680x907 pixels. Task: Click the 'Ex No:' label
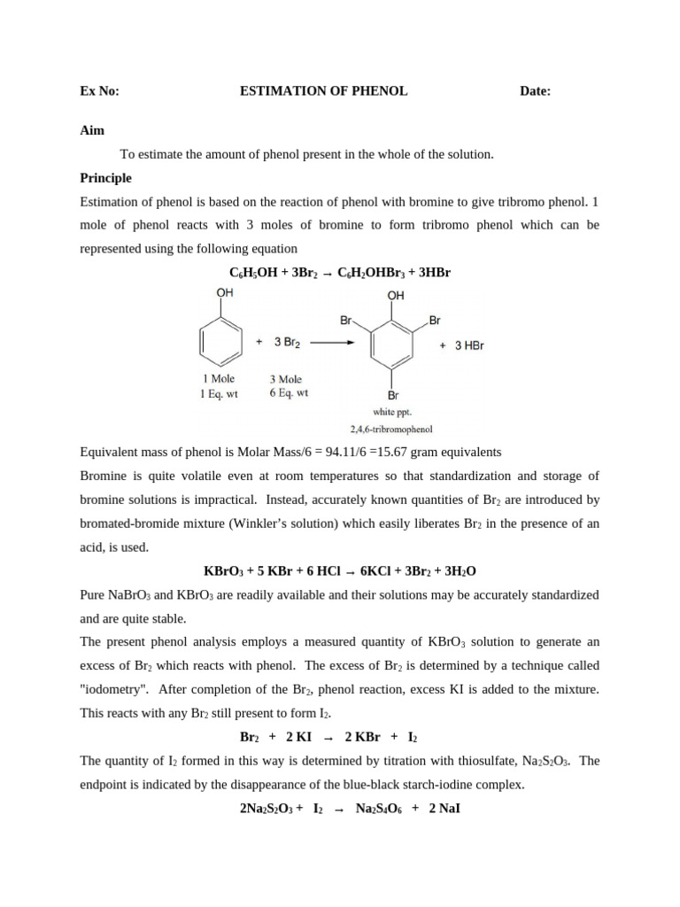[99, 90]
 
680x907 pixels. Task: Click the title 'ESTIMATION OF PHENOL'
[324, 90]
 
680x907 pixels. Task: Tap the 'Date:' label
[535, 90]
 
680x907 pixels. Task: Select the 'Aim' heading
[92, 130]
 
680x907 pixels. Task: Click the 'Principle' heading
[105, 177]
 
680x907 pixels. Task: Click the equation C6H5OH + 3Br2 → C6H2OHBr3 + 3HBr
[340, 272]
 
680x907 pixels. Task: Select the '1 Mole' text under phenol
[219, 379]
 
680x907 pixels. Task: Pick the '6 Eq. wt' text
[290, 393]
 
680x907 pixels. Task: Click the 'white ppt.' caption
[393, 412]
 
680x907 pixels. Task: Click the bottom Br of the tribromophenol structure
[393, 395]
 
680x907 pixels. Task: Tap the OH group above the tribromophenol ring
[396, 295]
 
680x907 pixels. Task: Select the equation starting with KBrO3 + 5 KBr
[340, 571]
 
